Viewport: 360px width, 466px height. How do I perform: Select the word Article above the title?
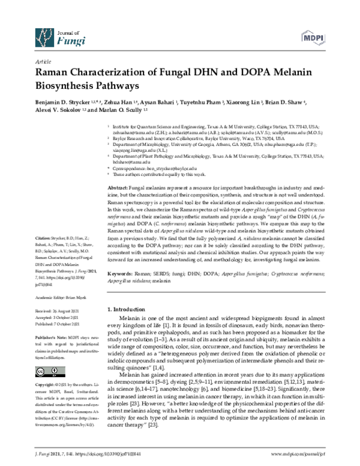43,62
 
